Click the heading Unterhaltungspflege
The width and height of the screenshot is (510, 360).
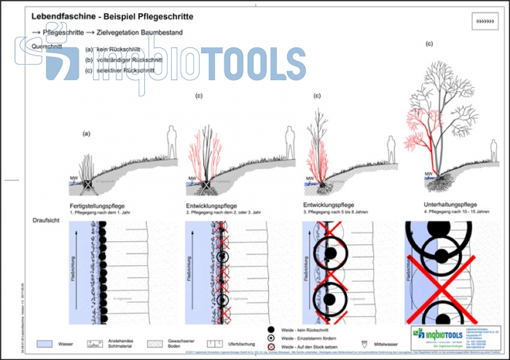coord(450,204)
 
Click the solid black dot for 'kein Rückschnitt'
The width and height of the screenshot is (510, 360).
coord(272,330)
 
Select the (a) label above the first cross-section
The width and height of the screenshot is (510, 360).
coord(87,133)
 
